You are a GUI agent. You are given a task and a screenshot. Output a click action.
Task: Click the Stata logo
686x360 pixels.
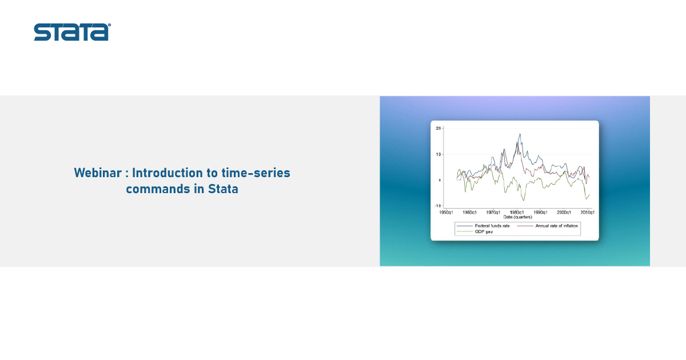pyautogui.click(x=72, y=32)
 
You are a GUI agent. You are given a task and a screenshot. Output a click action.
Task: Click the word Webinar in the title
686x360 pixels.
pyautogui.click(x=98, y=173)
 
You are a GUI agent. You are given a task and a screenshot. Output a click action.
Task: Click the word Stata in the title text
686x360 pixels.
pyautogui.click(x=223, y=189)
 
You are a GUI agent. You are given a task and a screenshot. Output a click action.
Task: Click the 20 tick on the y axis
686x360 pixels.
pyautogui.click(x=438, y=128)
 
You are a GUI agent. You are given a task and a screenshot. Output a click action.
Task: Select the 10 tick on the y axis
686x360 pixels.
pyautogui.click(x=438, y=154)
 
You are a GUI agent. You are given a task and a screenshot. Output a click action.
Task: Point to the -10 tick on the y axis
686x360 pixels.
pyautogui.click(x=438, y=206)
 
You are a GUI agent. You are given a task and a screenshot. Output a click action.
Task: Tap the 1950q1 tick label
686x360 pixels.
pyautogui.click(x=446, y=213)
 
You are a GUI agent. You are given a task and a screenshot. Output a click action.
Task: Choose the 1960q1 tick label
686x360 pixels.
pyautogui.click(x=469, y=213)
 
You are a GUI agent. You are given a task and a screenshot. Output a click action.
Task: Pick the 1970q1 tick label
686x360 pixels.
pyautogui.click(x=493, y=213)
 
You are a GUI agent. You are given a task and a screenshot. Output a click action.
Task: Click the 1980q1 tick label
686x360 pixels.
pyautogui.click(x=517, y=213)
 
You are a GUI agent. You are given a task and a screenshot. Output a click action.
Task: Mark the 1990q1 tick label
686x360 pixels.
pyautogui.click(x=540, y=213)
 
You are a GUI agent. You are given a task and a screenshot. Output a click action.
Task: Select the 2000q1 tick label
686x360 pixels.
pyautogui.click(x=564, y=213)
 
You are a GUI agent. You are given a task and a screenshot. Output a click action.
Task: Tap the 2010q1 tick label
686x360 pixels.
pyautogui.click(x=588, y=213)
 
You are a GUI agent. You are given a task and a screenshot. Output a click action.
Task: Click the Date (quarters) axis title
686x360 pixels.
pyautogui.click(x=517, y=217)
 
